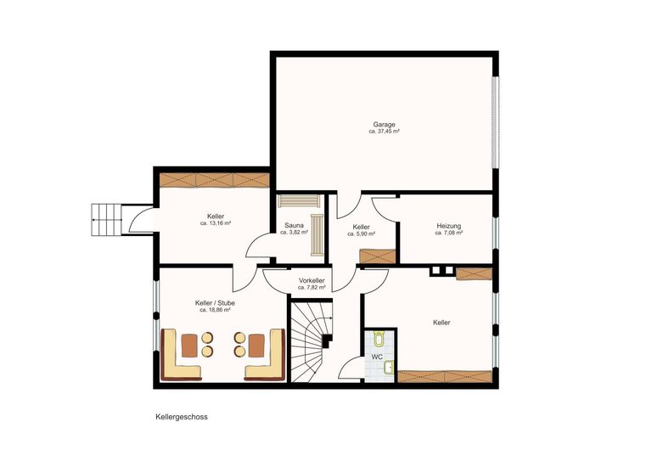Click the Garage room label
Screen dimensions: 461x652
384,124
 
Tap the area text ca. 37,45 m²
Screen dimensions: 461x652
384,132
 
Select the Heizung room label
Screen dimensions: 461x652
448,226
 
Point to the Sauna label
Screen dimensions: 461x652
294,227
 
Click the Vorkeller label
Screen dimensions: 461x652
312,280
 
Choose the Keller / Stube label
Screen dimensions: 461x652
215,302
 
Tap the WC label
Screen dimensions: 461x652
376,357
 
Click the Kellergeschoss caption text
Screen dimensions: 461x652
181,417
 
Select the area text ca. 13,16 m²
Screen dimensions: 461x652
216,223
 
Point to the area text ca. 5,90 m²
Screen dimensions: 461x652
361,233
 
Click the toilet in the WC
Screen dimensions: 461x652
379,339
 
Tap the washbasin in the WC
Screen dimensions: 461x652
389,368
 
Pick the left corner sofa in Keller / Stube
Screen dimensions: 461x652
181,355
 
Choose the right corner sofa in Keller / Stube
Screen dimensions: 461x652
266,355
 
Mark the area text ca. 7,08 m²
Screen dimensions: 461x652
448,233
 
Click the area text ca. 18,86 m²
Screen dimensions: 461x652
215,310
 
